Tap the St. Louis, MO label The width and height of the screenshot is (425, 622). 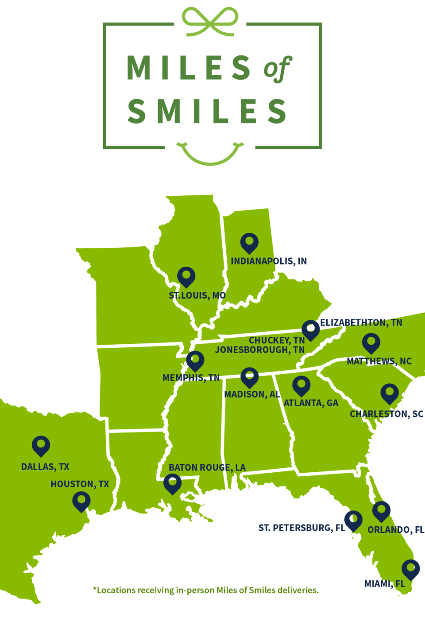(197, 295)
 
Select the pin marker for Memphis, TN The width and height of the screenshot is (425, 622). (195, 361)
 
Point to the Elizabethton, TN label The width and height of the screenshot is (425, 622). (361, 323)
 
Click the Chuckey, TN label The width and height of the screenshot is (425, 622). (277, 340)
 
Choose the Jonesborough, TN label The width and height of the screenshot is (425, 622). (260, 350)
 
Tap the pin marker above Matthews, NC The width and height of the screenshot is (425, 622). (371, 343)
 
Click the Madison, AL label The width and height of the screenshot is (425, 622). (252, 394)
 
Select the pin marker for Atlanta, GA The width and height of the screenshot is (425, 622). (301, 385)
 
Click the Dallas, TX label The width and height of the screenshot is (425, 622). (45, 467)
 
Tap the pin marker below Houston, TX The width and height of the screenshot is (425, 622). (81, 502)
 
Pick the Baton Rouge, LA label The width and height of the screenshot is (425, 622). (207, 468)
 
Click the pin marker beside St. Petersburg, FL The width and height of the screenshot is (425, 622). (353, 520)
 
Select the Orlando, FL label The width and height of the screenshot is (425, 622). (396, 530)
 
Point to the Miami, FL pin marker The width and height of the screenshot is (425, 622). (410, 569)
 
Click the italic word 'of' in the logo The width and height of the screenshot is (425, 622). (277, 69)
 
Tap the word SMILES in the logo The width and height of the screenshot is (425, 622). (207, 111)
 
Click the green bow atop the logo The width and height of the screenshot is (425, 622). (210, 21)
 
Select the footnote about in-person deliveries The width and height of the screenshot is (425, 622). (206, 590)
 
